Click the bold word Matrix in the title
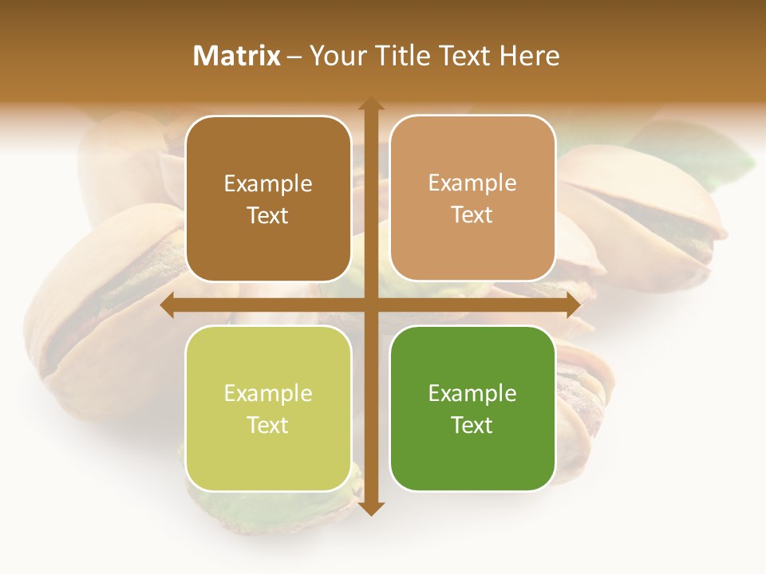[x=237, y=56]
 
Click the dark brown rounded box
[x=268, y=199]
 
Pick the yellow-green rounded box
[x=268, y=408]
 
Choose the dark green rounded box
[x=472, y=408]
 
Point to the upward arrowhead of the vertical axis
[x=371, y=104]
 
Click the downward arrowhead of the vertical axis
[x=371, y=509]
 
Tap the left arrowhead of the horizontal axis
[x=168, y=305]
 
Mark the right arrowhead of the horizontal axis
[x=573, y=305]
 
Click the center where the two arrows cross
[x=371, y=305]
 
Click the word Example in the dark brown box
[x=268, y=184]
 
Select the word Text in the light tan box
[x=472, y=215]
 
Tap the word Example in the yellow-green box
[x=268, y=393]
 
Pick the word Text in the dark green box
[x=472, y=425]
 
